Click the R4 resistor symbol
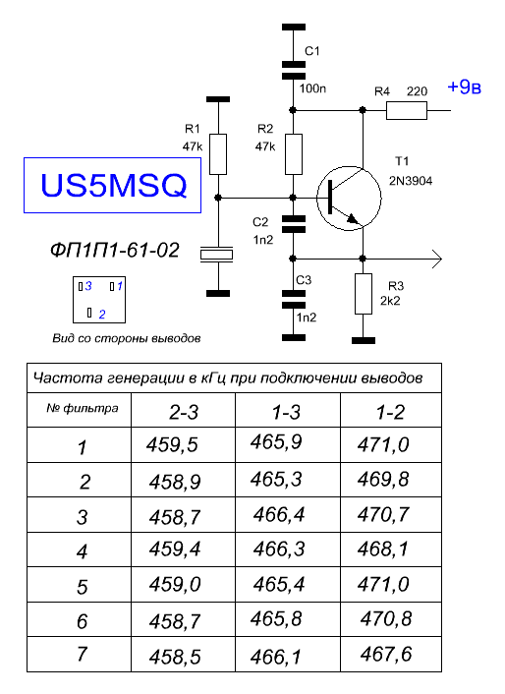click(x=407, y=110)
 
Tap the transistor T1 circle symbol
click(x=349, y=166)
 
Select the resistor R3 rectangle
click(x=364, y=294)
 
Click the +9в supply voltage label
click(x=464, y=87)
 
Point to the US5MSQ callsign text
click(x=113, y=185)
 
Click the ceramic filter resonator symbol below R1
click(x=216, y=254)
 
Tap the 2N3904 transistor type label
click(x=411, y=181)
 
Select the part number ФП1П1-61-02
click(x=115, y=251)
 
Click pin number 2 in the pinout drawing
click(x=102, y=315)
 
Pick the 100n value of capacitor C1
click(x=312, y=88)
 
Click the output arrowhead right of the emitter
click(x=436, y=259)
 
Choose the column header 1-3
click(x=286, y=413)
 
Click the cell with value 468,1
click(x=383, y=549)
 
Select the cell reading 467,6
click(x=386, y=654)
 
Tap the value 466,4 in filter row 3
click(x=279, y=515)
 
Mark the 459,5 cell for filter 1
click(x=172, y=444)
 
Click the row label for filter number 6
click(x=82, y=621)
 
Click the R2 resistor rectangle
click(x=294, y=154)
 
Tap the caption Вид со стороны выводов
click(x=127, y=338)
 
